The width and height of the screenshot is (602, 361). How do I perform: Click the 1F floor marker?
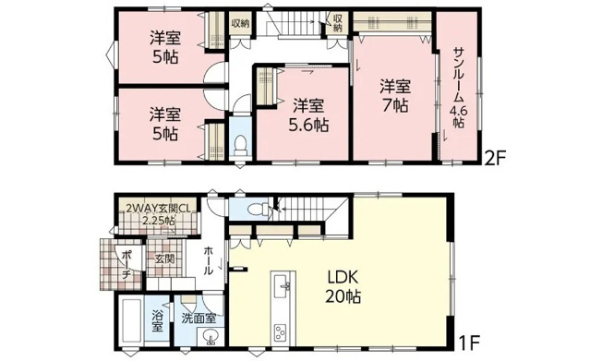coord(472,339)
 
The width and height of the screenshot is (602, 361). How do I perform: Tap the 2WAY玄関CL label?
coord(158,207)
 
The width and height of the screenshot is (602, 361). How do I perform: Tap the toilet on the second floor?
coord(239,145)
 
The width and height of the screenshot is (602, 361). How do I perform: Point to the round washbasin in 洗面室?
coord(211,337)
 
